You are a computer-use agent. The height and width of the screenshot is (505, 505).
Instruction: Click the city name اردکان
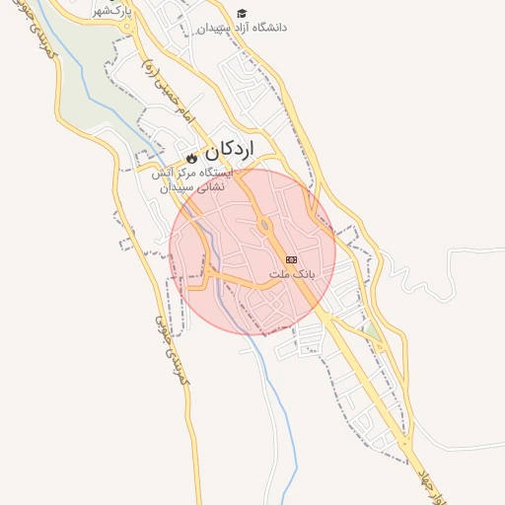coord(229,150)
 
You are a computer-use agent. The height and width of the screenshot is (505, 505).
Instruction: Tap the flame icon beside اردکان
coord(191,157)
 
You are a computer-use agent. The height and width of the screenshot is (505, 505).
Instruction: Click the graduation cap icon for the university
coord(242,13)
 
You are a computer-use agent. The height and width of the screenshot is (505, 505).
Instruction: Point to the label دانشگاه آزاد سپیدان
coord(242,29)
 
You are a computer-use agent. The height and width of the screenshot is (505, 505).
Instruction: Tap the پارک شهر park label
coord(112,11)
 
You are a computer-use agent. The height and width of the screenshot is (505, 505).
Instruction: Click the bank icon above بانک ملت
coord(291,258)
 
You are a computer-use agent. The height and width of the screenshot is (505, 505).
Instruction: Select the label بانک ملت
coord(291,273)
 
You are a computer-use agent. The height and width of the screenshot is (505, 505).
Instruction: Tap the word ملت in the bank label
coord(278,273)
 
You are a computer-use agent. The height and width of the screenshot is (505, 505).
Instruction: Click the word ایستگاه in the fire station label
coord(211,172)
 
